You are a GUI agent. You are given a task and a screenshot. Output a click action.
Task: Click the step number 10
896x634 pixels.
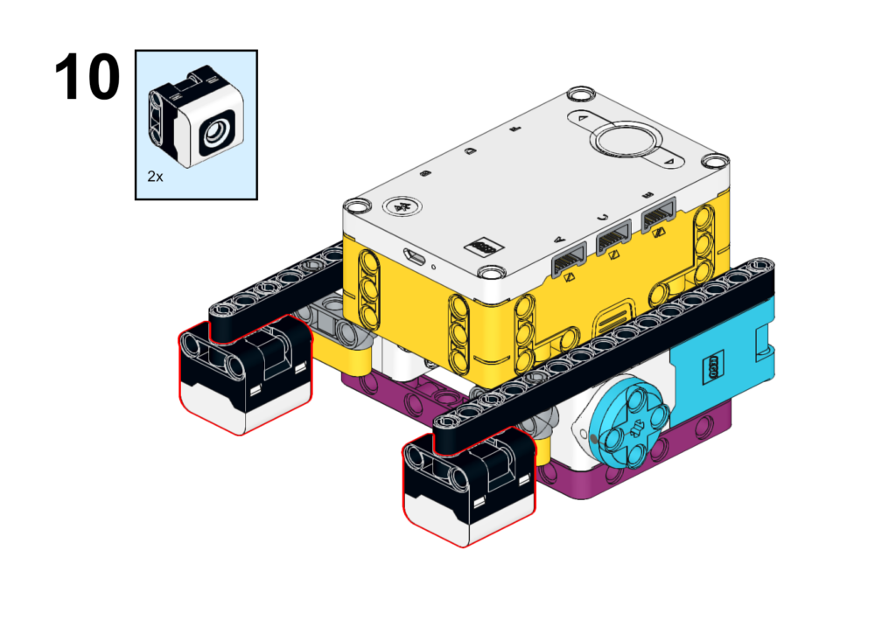pos(87,77)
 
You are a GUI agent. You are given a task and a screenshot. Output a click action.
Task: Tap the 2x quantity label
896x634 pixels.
pos(155,177)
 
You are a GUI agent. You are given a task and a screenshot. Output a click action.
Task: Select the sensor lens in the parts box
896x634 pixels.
pos(216,133)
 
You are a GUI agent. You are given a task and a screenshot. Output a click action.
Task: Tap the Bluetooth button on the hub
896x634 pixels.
pos(402,206)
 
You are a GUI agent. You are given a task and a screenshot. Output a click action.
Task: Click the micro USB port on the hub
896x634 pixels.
pos(415,257)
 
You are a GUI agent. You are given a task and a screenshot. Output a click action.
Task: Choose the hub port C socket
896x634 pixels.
pos(613,237)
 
